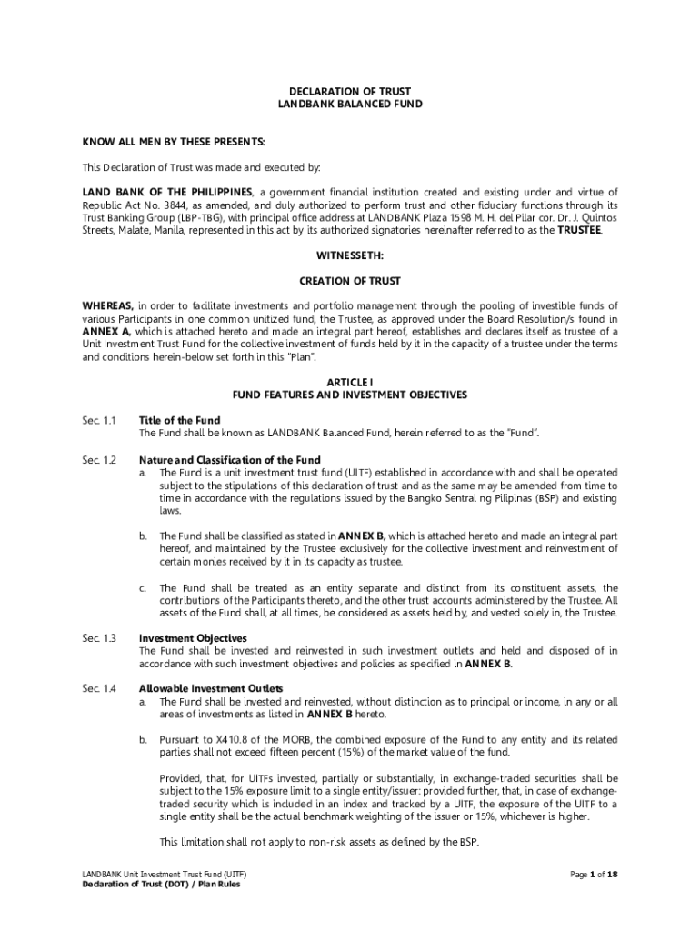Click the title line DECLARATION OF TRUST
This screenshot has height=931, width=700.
350,92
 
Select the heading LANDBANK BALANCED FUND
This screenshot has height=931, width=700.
350,105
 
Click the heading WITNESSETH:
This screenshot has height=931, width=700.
350,255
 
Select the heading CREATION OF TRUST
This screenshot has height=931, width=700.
350,281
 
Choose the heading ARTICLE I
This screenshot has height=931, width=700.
350,383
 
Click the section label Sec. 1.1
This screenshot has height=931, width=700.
99,421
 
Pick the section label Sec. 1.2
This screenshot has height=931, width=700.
99,460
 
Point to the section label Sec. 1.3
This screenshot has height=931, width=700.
99,638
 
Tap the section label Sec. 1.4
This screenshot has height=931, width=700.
99,688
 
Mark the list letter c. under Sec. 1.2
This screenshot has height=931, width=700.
143,587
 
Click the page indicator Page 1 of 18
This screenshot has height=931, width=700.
594,875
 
